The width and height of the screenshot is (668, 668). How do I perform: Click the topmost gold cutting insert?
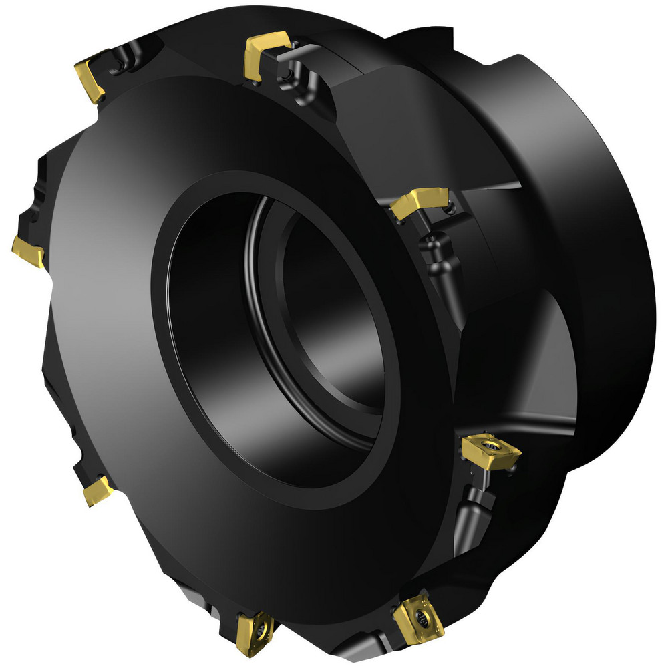tap(265, 53)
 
